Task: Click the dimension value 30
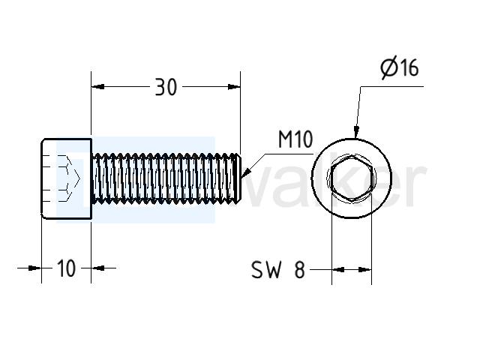pyautogui.click(x=166, y=87)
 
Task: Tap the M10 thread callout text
pyautogui.click(x=295, y=139)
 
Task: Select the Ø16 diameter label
pyautogui.click(x=400, y=67)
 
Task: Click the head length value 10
pyautogui.click(x=66, y=268)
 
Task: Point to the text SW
pyautogui.click(x=266, y=270)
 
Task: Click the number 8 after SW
pyautogui.click(x=300, y=270)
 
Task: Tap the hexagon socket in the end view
pyautogui.click(x=352, y=178)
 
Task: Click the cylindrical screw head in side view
pyautogui.click(x=67, y=178)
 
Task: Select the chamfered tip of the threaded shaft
pyautogui.click(x=238, y=178)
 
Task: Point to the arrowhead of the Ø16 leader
pyautogui.click(x=356, y=132)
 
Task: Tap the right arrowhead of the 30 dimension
pyautogui.click(x=233, y=87)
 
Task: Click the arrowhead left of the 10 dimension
pyautogui.click(x=34, y=268)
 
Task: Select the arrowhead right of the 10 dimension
pyautogui.click(x=98, y=268)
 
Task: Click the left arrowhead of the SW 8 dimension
pyautogui.click(x=338, y=270)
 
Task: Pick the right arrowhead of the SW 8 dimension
pyautogui.click(x=365, y=270)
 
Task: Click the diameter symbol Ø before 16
pyautogui.click(x=388, y=67)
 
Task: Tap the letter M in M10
pyautogui.click(x=285, y=139)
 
